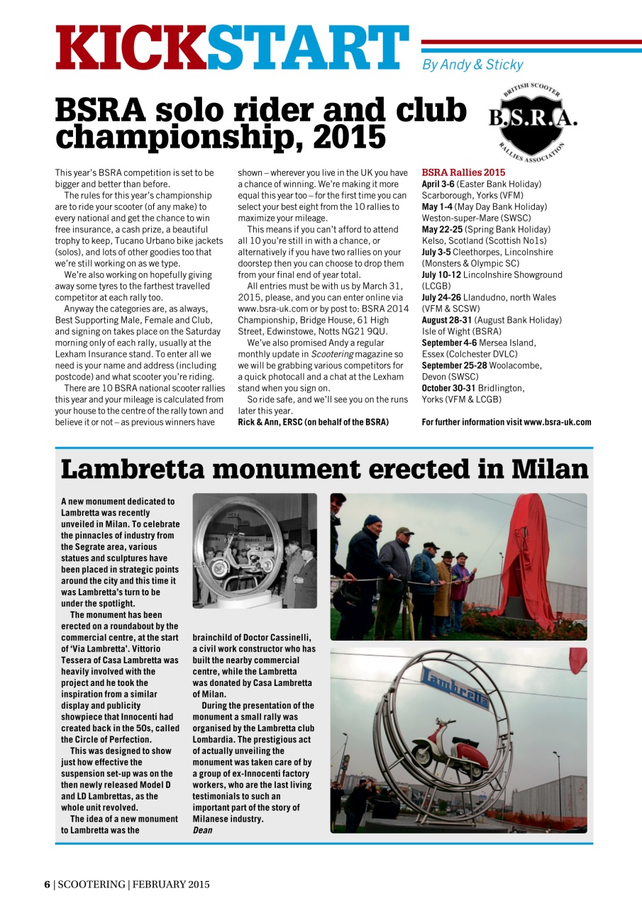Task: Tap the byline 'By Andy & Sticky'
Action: tap(472, 65)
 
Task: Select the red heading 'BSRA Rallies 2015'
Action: tap(463, 172)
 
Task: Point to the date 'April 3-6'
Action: tap(438, 184)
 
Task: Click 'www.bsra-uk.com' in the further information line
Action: tap(557, 422)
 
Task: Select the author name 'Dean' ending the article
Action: tap(202, 830)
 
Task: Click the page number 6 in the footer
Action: tap(47, 884)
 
